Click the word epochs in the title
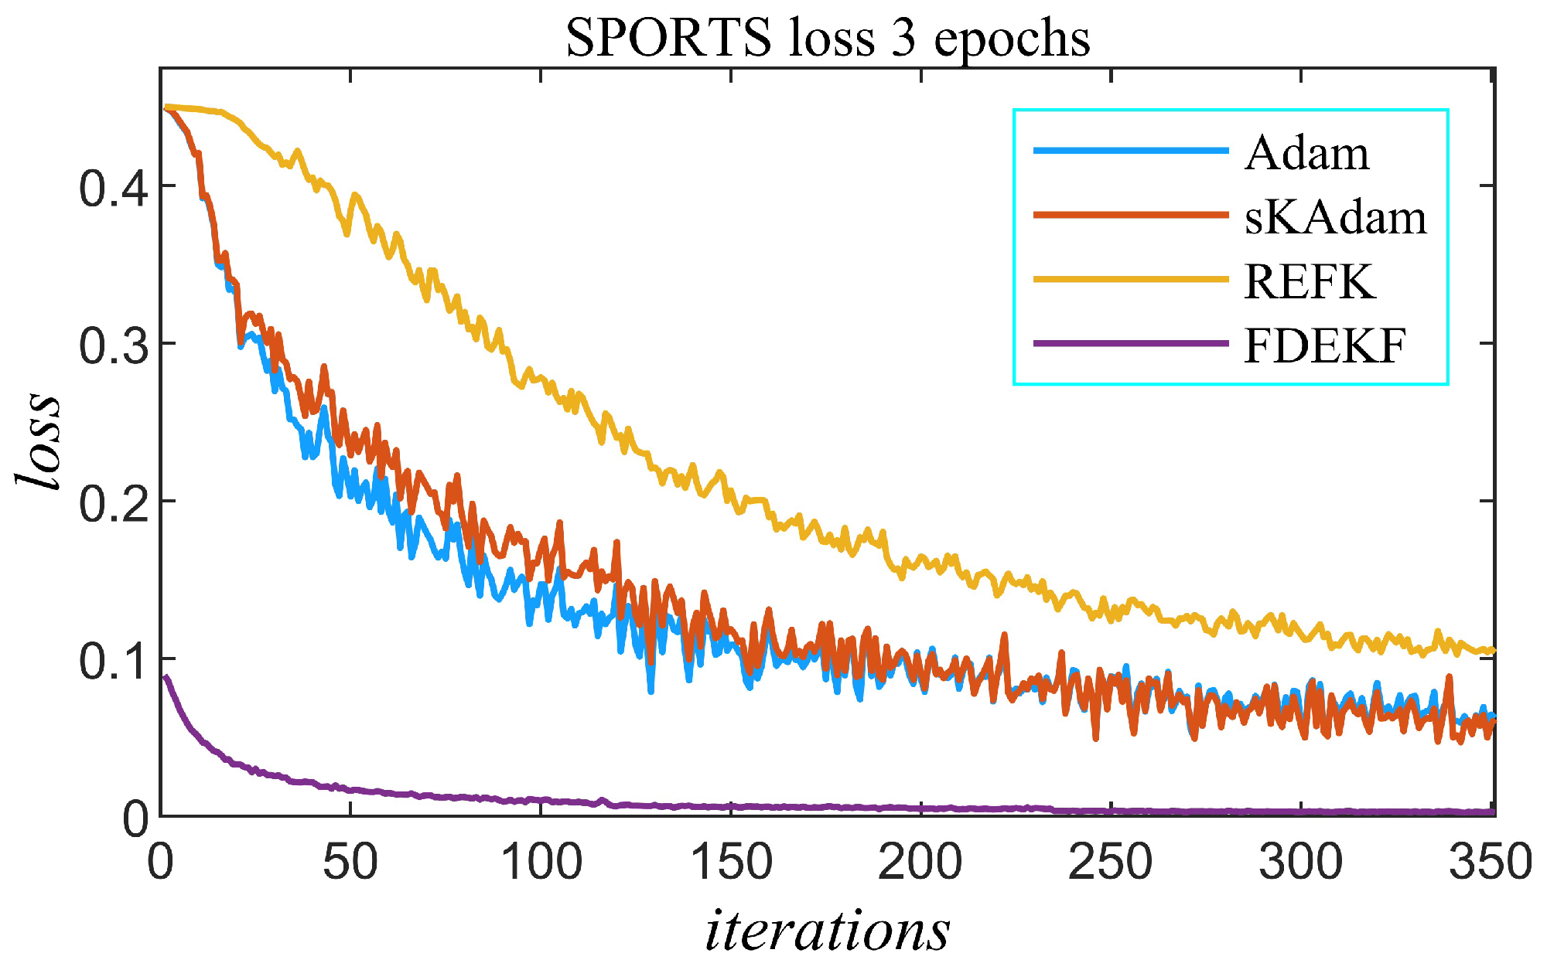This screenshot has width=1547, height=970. pos(1012,39)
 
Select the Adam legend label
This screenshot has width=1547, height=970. pos(1307,153)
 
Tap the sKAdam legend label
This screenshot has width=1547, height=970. pos(1335,217)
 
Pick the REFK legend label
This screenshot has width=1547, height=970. pos(1310,281)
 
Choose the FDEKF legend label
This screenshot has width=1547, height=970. pos(1324,345)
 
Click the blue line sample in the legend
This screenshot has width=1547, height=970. pos(1131,151)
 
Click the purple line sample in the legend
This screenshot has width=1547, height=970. pos(1131,343)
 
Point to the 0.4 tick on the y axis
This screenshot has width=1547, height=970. pos(114,188)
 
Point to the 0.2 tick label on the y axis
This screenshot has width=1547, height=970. pos(114,503)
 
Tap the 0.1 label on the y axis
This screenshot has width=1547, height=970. pos(114,662)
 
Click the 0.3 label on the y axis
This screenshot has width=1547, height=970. pos(114,345)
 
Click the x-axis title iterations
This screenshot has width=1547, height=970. pos(828,930)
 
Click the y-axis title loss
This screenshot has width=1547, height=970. pos(39,441)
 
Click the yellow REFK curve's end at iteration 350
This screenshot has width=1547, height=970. pos(1492,651)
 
